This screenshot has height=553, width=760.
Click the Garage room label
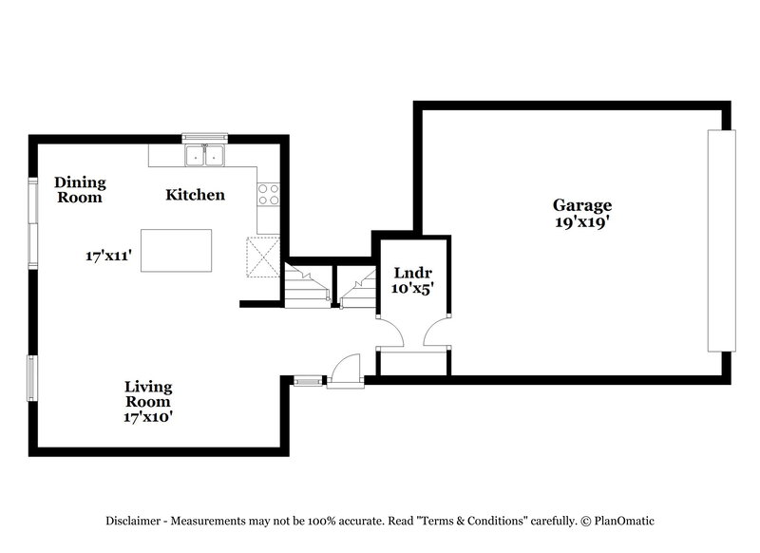(582, 204)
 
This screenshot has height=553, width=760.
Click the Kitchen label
(196, 195)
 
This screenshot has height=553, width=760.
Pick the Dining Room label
(80, 190)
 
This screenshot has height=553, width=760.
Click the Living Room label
(148, 394)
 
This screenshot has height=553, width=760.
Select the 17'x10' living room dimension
(148, 416)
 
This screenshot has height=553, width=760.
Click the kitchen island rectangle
(176, 250)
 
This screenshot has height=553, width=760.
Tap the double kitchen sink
(204, 155)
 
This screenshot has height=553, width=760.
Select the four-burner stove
(269, 195)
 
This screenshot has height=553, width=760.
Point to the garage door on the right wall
(721, 240)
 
